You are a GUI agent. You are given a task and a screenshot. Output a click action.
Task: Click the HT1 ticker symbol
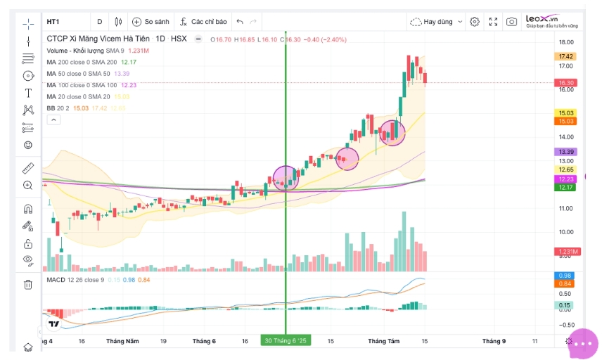coord(53,22)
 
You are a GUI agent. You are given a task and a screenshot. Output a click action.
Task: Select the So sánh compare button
coord(150,22)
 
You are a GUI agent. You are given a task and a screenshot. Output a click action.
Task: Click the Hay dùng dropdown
coord(437,22)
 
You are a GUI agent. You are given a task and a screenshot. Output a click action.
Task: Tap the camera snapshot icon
coord(511,22)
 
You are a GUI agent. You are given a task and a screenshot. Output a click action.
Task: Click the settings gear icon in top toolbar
coord(475,22)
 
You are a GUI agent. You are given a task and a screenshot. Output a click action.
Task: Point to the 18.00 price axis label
coord(565,42)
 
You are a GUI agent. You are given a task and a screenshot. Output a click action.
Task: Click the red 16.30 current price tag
coord(566,83)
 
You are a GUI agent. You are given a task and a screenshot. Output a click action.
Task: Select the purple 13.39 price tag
coord(566,152)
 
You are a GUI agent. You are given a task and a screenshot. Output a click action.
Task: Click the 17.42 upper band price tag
coord(566,56)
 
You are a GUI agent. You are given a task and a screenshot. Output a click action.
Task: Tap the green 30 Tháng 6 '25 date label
coord(285,341)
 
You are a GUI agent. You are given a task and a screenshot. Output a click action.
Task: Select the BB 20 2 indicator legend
coord(58,108)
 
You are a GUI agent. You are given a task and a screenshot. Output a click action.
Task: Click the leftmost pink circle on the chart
coord(286,179)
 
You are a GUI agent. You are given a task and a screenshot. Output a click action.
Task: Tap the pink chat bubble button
coord(582,344)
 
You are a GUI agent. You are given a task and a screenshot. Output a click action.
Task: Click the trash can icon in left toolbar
coord(28,284)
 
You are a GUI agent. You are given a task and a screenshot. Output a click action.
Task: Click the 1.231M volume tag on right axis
coord(566,252)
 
